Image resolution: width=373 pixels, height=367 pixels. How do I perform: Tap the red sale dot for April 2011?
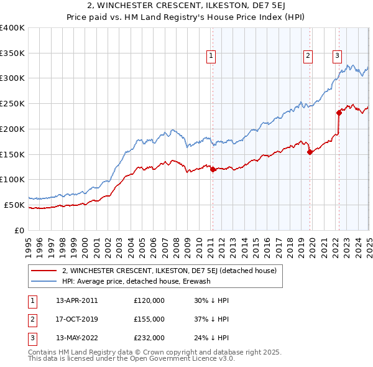click(213, 169)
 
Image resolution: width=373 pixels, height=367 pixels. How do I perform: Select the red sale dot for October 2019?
click(310, 151)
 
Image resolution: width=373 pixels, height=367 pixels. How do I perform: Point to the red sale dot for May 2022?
click(339, 113)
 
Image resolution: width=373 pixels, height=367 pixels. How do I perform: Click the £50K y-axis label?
click(15, 205)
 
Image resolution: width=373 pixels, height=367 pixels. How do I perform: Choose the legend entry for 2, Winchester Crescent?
click(173, 270)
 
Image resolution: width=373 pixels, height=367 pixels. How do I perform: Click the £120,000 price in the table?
click(149, 300)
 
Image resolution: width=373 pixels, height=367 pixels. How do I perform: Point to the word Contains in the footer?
click(44, 352)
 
